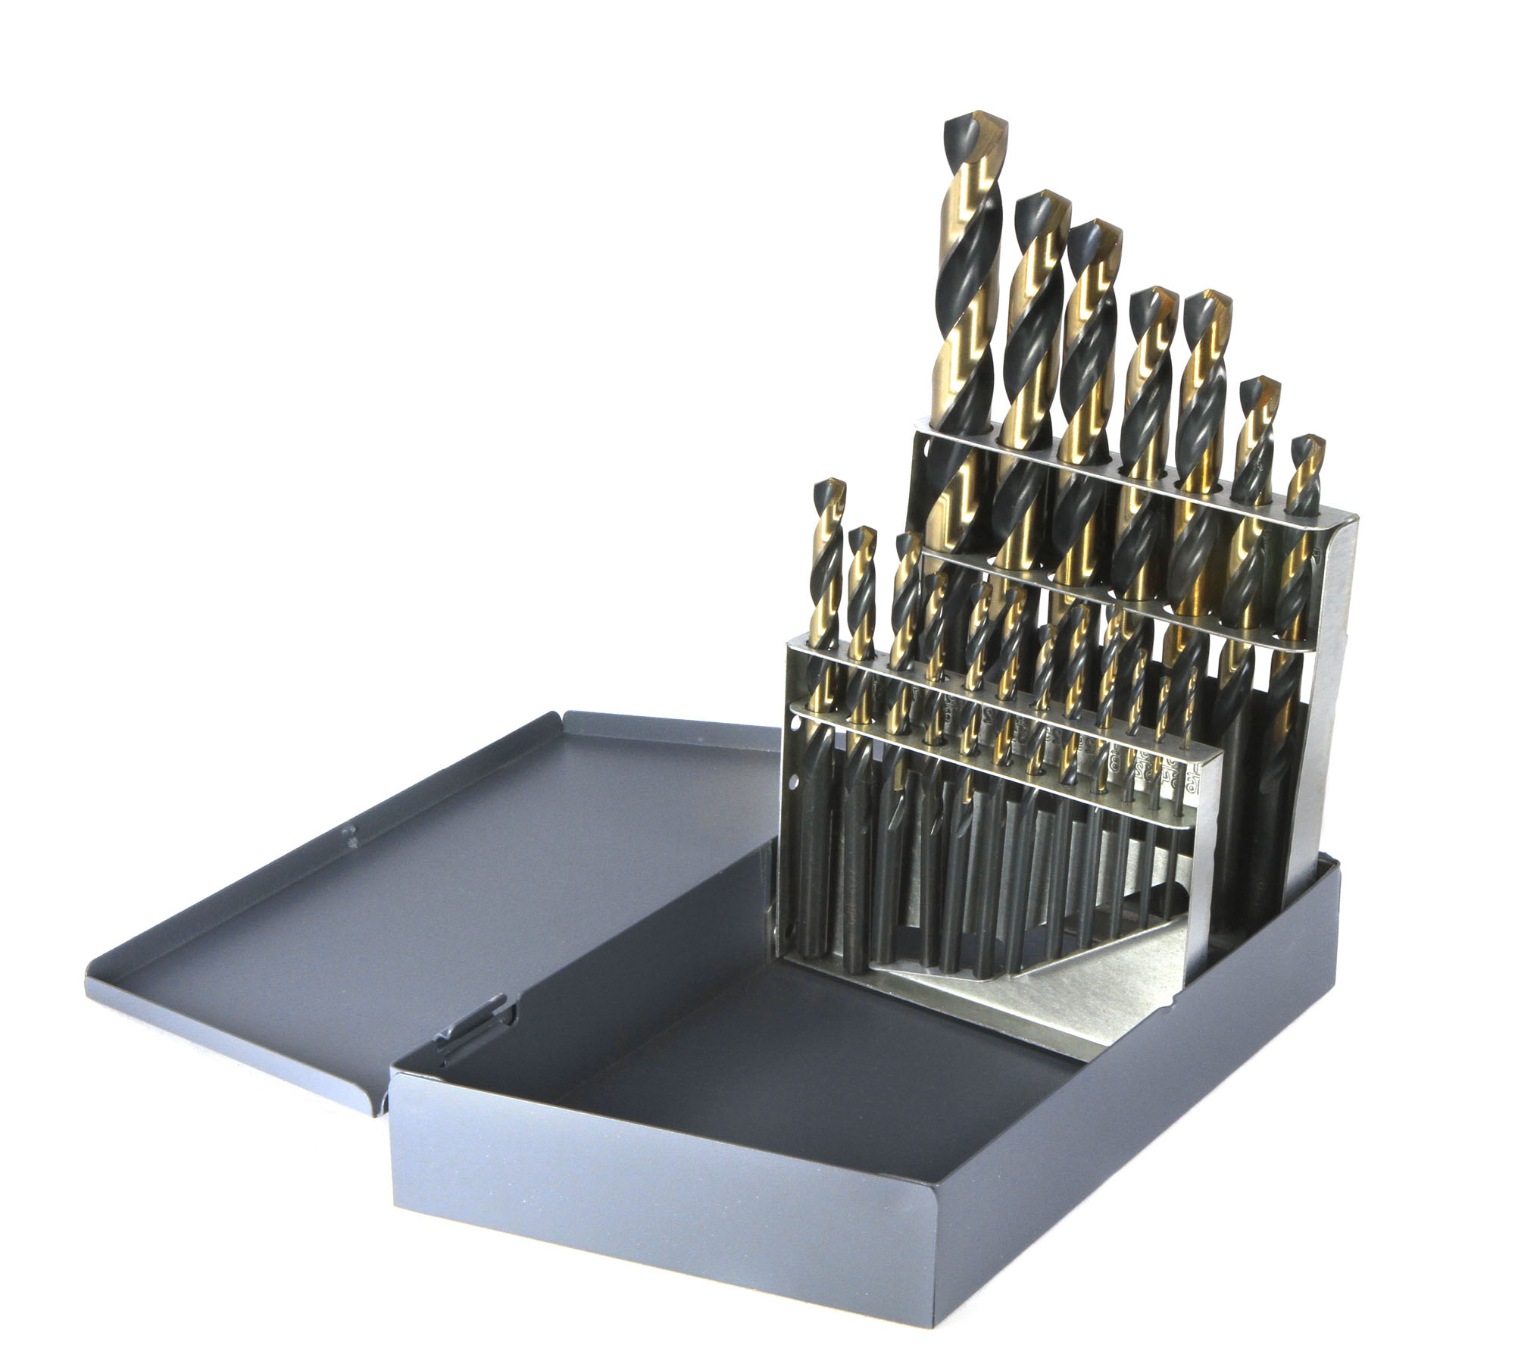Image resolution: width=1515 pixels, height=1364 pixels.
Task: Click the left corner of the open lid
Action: coord(89,962)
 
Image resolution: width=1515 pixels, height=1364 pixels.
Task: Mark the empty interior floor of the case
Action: coord(682,1061)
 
